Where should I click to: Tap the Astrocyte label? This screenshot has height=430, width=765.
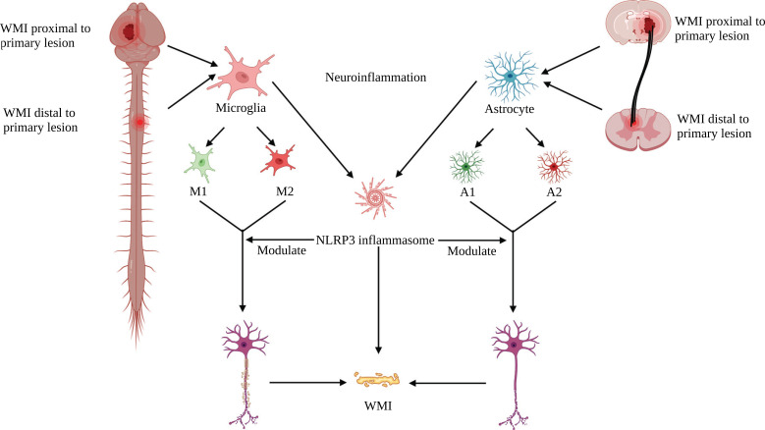pos(510,110)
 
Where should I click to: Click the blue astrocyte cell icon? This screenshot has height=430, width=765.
pos(510,75)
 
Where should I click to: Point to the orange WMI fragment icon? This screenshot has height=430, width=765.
pos(377,378)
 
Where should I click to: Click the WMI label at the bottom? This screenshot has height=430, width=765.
pos(378,403)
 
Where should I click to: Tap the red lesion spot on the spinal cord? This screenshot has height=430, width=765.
pos(142,123)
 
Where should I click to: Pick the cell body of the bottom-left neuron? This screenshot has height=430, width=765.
pos(243,346)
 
